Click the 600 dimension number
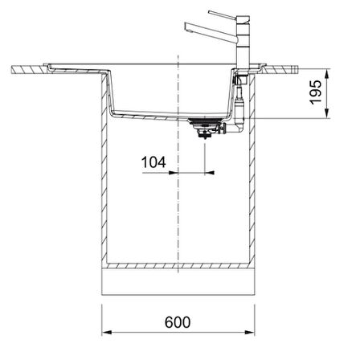click(178, 322)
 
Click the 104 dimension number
click(153, 162)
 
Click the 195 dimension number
click(316, 92)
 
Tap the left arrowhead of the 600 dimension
click(107, 333)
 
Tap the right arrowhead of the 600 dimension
click(250, 333)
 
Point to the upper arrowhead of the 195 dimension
click(327, 74)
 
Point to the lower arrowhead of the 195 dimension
click(327, 113)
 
